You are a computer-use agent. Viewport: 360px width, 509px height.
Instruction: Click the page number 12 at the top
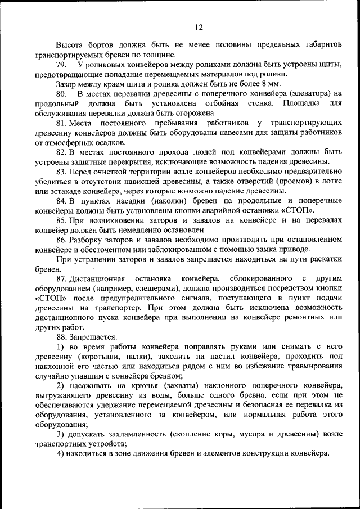tap(198, 27)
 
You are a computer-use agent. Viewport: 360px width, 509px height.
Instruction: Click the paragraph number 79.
tap(61, 65)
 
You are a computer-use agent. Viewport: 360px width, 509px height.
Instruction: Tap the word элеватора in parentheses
tap(310, 93)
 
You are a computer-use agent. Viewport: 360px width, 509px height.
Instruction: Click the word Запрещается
tap(93, 336)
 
